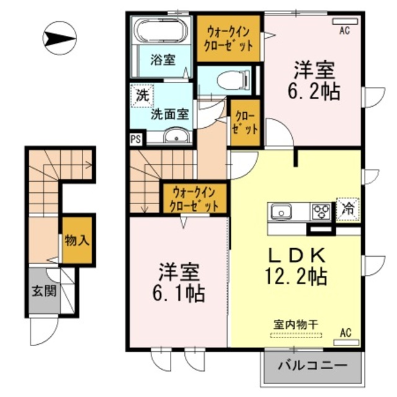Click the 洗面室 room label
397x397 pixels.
(171, 114)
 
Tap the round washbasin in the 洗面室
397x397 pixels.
(177, 136)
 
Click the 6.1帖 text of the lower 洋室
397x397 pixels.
(181, 289)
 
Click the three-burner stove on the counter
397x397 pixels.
(321, 212)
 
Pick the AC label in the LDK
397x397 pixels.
(346, 332)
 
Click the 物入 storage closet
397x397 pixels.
(78, 239)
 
